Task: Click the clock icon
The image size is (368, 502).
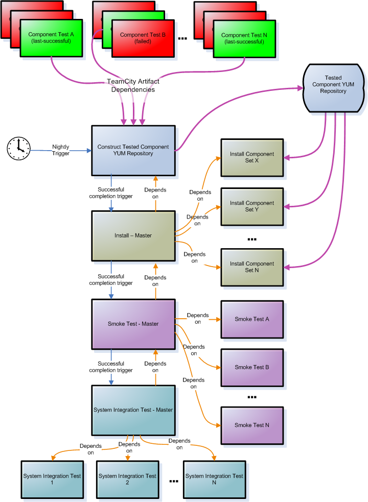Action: click(18, 148)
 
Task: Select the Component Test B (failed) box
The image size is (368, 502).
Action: click(143, 38)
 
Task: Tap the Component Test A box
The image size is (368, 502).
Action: click(51, 38)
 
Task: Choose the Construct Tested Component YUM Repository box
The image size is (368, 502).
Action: click(133, 150)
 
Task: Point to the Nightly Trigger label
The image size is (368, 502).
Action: click(61, 150)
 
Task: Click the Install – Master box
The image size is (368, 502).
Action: click(133, 235)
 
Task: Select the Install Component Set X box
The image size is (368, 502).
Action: click(252, 157)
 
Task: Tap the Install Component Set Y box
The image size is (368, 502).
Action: click(252, 206)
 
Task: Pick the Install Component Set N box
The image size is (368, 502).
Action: click(252, 267)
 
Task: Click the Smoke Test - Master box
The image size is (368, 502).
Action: click(133, 324)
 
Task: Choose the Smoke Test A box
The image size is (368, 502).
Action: click(252, 319)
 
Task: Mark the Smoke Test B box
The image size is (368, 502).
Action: click(252, 367)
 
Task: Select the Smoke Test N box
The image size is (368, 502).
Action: click(252, 425)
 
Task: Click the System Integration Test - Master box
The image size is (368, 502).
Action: click(133, 410)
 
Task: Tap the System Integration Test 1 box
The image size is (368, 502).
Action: click(52, 480)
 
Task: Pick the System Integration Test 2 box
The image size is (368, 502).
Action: click(127, 480)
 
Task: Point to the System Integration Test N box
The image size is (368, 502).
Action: click(214, 480)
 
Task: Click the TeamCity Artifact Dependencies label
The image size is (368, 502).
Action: click(133, 85)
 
